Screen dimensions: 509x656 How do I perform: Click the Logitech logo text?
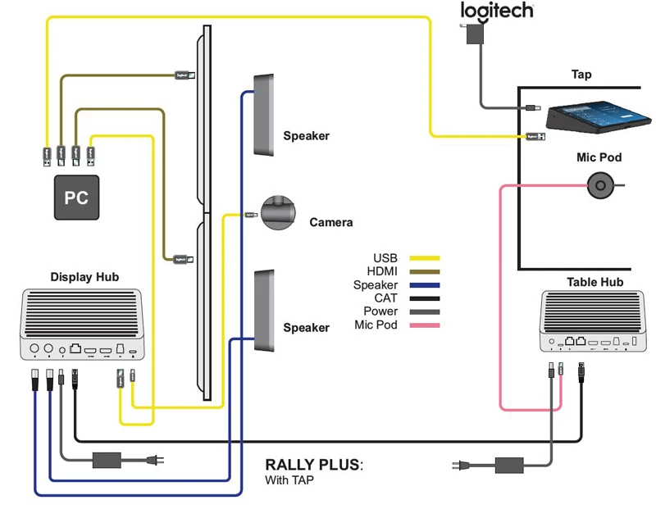(x=497, y=11)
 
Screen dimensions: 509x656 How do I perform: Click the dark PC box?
(x=76, y=198)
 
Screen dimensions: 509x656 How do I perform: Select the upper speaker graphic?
(x=264, y=115)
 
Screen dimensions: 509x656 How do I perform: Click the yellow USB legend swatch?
(x=425, y=258)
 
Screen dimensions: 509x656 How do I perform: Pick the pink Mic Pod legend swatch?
(x=425, y=325)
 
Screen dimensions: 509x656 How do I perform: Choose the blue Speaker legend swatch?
(x=425, y=285)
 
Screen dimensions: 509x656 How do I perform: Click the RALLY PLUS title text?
(x=312, y=465)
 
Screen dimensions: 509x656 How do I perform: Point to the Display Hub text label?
(x=84, y=277)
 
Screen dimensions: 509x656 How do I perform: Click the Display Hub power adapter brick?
(x=107, y=459)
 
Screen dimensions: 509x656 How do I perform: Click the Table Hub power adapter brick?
(x=510, y=466)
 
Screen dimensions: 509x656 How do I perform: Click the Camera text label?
(x=330, y=222)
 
